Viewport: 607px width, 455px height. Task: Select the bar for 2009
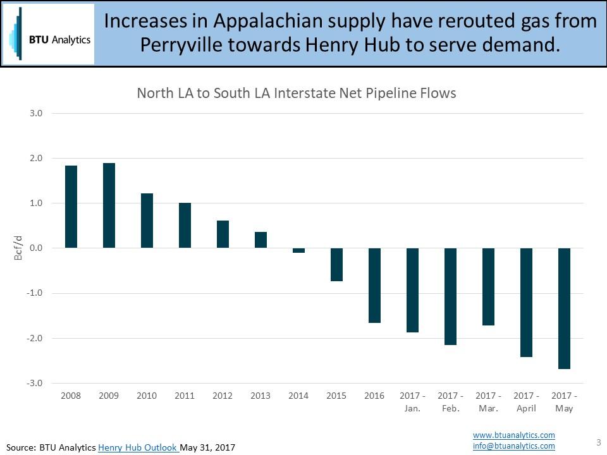(109, 205)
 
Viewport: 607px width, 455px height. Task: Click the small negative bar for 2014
(298, 250)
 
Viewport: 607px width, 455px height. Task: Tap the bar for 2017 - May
(564, 308)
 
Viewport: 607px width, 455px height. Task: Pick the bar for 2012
(223, 234)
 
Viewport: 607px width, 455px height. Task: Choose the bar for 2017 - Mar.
(488, 286)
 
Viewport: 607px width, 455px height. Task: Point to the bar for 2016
(374, 285)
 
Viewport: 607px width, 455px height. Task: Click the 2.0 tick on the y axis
(35, 159)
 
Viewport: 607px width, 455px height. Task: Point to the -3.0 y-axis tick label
(34, 384)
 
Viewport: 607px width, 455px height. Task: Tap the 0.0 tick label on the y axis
(35, 248)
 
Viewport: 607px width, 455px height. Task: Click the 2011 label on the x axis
(185, 396)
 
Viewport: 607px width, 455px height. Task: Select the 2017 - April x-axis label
(526, 402)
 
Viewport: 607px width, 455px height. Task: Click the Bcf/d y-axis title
(18, 248)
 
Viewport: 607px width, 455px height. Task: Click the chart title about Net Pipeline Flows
(297, 94)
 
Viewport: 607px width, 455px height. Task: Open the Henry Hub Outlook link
(138, 447)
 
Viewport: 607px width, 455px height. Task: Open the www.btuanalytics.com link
(513, 435)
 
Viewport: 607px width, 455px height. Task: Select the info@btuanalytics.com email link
(513, 446)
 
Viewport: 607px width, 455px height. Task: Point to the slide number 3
(598, 442)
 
